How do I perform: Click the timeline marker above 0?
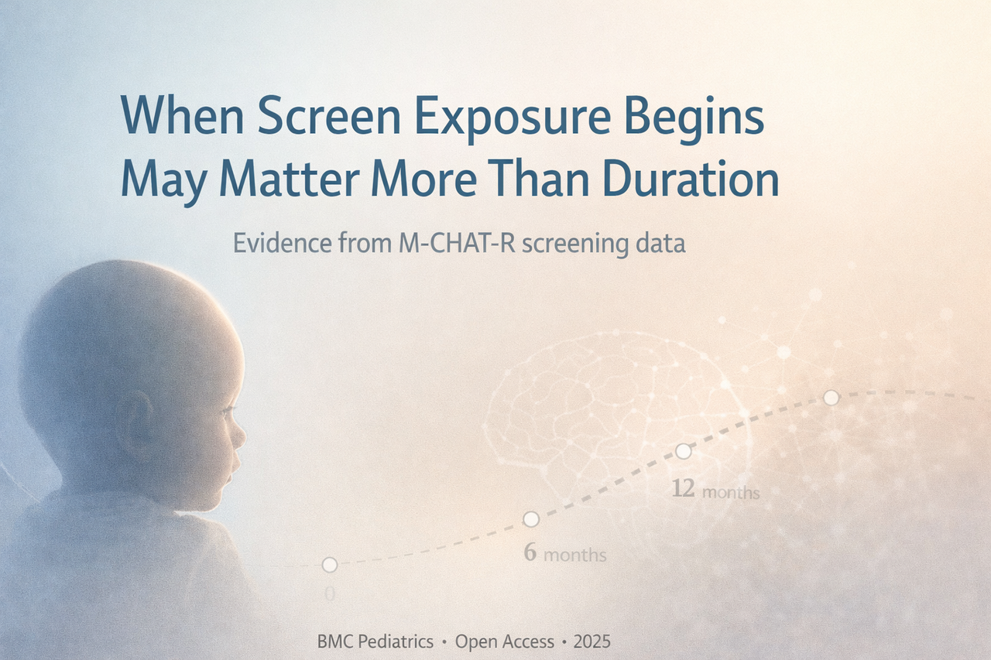coord(330,565)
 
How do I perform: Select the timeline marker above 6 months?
coord(531,518)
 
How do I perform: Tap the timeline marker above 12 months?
coord(684,450)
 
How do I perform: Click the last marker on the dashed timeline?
coord(831,397)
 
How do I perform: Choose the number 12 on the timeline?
coord(683,490)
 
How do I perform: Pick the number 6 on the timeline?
coord(530,552)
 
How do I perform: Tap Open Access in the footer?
coord(505,641)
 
